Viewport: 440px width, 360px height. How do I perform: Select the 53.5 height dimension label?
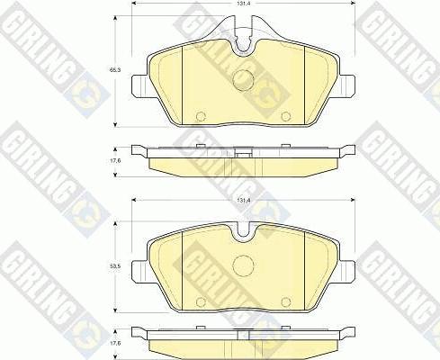tap(114, 267)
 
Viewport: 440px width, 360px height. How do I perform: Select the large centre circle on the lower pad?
tap(242, 266)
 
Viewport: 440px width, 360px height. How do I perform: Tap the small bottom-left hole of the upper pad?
tap(201, 116)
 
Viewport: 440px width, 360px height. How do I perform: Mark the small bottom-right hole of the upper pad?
tap(283, 116)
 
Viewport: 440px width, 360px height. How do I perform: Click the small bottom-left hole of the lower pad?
tap(201, 301)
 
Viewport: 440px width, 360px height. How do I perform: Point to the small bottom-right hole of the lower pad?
tap(283, 301)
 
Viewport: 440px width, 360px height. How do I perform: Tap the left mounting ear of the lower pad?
tap(139, 267)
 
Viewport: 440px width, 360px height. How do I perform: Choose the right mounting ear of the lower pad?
tap(346, 267)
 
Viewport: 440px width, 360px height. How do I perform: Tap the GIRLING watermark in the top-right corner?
tap(405, 36)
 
